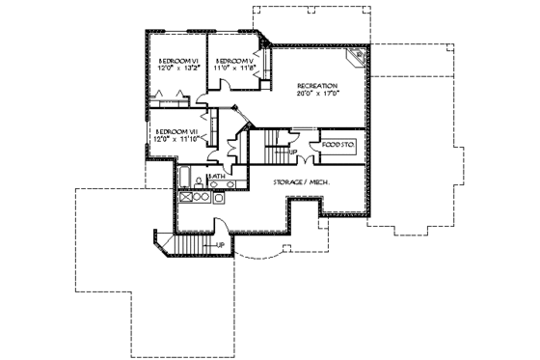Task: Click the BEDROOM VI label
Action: (x=176, y=61)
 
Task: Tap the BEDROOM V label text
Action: (x=234, y=61)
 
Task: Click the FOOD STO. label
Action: (x=338, y=145)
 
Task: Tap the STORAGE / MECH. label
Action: (x=297, y=180)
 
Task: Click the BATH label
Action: (x=217, y=177)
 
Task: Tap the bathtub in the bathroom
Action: (x=183, y=177)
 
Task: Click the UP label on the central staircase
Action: (x=292, y=152)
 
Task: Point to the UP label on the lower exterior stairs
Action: (x=221, y=244)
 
